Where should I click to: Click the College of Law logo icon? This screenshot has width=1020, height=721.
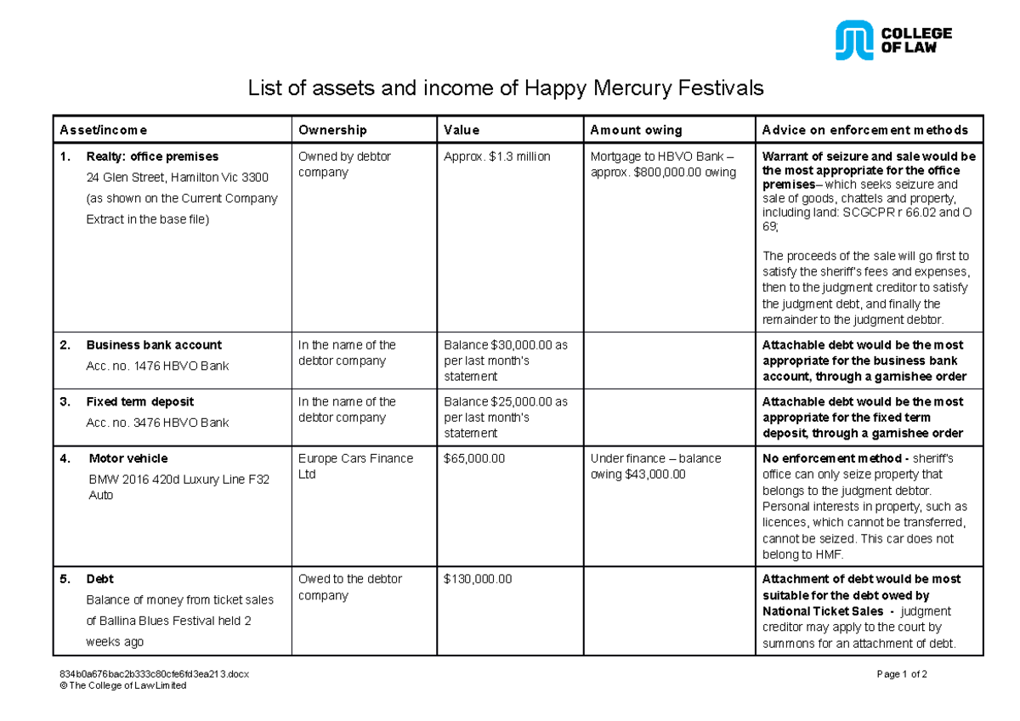[x=853, y=40]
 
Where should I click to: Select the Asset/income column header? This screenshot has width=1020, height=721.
[x=103, y=130]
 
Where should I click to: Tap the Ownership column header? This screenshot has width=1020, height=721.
[x=332, y=130]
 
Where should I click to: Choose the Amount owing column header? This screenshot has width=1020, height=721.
[x=636, y=130]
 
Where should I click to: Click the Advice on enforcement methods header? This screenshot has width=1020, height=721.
[x=865, y=130]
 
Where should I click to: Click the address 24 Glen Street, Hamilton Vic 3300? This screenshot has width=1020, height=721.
[x=177, y=178]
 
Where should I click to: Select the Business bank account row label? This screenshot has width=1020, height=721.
[x=153, y=345]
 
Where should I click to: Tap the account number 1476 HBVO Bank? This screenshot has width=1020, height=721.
[x=157, y=366]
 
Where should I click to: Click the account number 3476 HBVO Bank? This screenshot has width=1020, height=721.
[x=157, y=423]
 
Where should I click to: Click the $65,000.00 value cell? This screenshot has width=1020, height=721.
[x=474, y=458]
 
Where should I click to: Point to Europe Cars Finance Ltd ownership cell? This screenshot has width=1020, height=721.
[x=355, y=466]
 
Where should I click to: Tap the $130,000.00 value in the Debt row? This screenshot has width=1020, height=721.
[x=478, y=579]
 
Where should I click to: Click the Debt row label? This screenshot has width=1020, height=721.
[x=99, y=579]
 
